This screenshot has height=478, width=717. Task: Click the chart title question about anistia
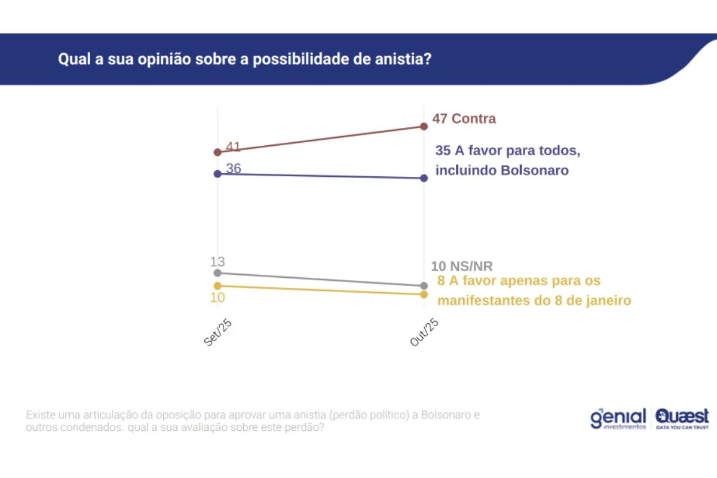tap(244, 60)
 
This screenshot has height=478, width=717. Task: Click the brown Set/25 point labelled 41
tap(217, 152)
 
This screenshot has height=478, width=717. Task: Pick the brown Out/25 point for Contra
tap(424, 126)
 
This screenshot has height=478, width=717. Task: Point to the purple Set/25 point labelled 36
tap(217, 174)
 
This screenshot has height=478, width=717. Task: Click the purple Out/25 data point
tap(424, 178)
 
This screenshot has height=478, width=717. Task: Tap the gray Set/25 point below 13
tap(217, 273)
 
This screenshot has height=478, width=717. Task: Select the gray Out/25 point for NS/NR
tap(424, 286)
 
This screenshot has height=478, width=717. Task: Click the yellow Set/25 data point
tap(217, 286)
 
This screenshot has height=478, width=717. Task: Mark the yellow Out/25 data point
tap(424, 295)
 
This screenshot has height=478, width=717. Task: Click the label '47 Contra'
tap(464, 118)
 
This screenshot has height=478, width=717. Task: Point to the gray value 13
tap(217, 261)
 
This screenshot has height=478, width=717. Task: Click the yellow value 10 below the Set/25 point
tap(217, 298)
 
